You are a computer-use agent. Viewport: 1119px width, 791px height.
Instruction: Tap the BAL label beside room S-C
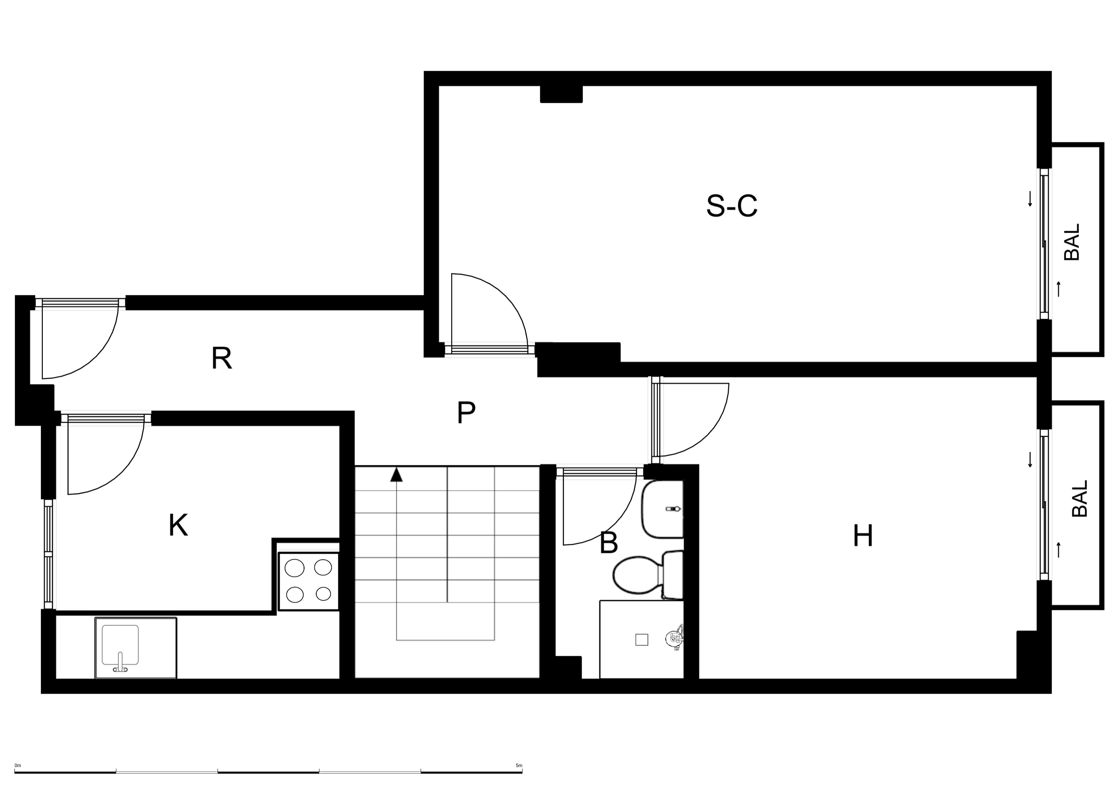point(1072,242)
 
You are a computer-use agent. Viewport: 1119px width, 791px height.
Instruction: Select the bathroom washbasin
point(662,509)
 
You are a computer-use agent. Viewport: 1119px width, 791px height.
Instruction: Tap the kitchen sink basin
point(120,645)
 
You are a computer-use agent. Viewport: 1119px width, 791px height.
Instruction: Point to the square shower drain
point(642,640)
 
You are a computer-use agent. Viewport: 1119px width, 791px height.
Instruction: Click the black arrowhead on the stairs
point(396,475)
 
